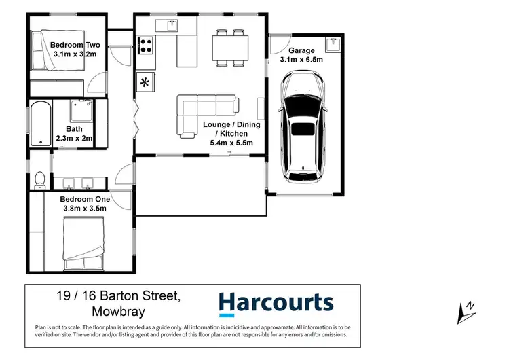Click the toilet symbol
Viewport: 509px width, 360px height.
point(40,179)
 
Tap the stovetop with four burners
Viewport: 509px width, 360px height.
point(145,46)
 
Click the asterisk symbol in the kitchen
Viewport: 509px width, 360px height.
point(145,84)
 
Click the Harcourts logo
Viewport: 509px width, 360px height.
point(276,303)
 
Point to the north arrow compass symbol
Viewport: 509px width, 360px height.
point(467,309)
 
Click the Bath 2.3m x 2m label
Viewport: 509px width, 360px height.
point(74,134)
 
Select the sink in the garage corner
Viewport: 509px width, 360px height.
point(333,45)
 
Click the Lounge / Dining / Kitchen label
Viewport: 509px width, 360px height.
point(231,134)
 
